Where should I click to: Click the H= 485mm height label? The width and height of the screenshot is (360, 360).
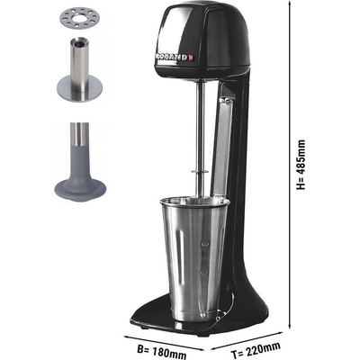[x=301, y=165]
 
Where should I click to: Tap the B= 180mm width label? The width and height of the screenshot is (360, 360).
[x=162, y=352]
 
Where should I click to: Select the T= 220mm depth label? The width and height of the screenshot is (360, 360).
[x=256, y=350]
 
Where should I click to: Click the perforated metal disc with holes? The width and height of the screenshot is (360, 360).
[x=79, y=19]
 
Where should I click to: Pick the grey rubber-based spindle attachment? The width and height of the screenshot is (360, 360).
[x=80, y=162]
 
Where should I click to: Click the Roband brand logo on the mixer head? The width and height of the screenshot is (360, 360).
[x=174, y=57]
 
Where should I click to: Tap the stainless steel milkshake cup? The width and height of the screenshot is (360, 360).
[x=194, y=258]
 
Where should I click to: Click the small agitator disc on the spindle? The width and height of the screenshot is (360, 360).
[x=201, y=172]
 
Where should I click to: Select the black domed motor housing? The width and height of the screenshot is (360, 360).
[x=203, y=40]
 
